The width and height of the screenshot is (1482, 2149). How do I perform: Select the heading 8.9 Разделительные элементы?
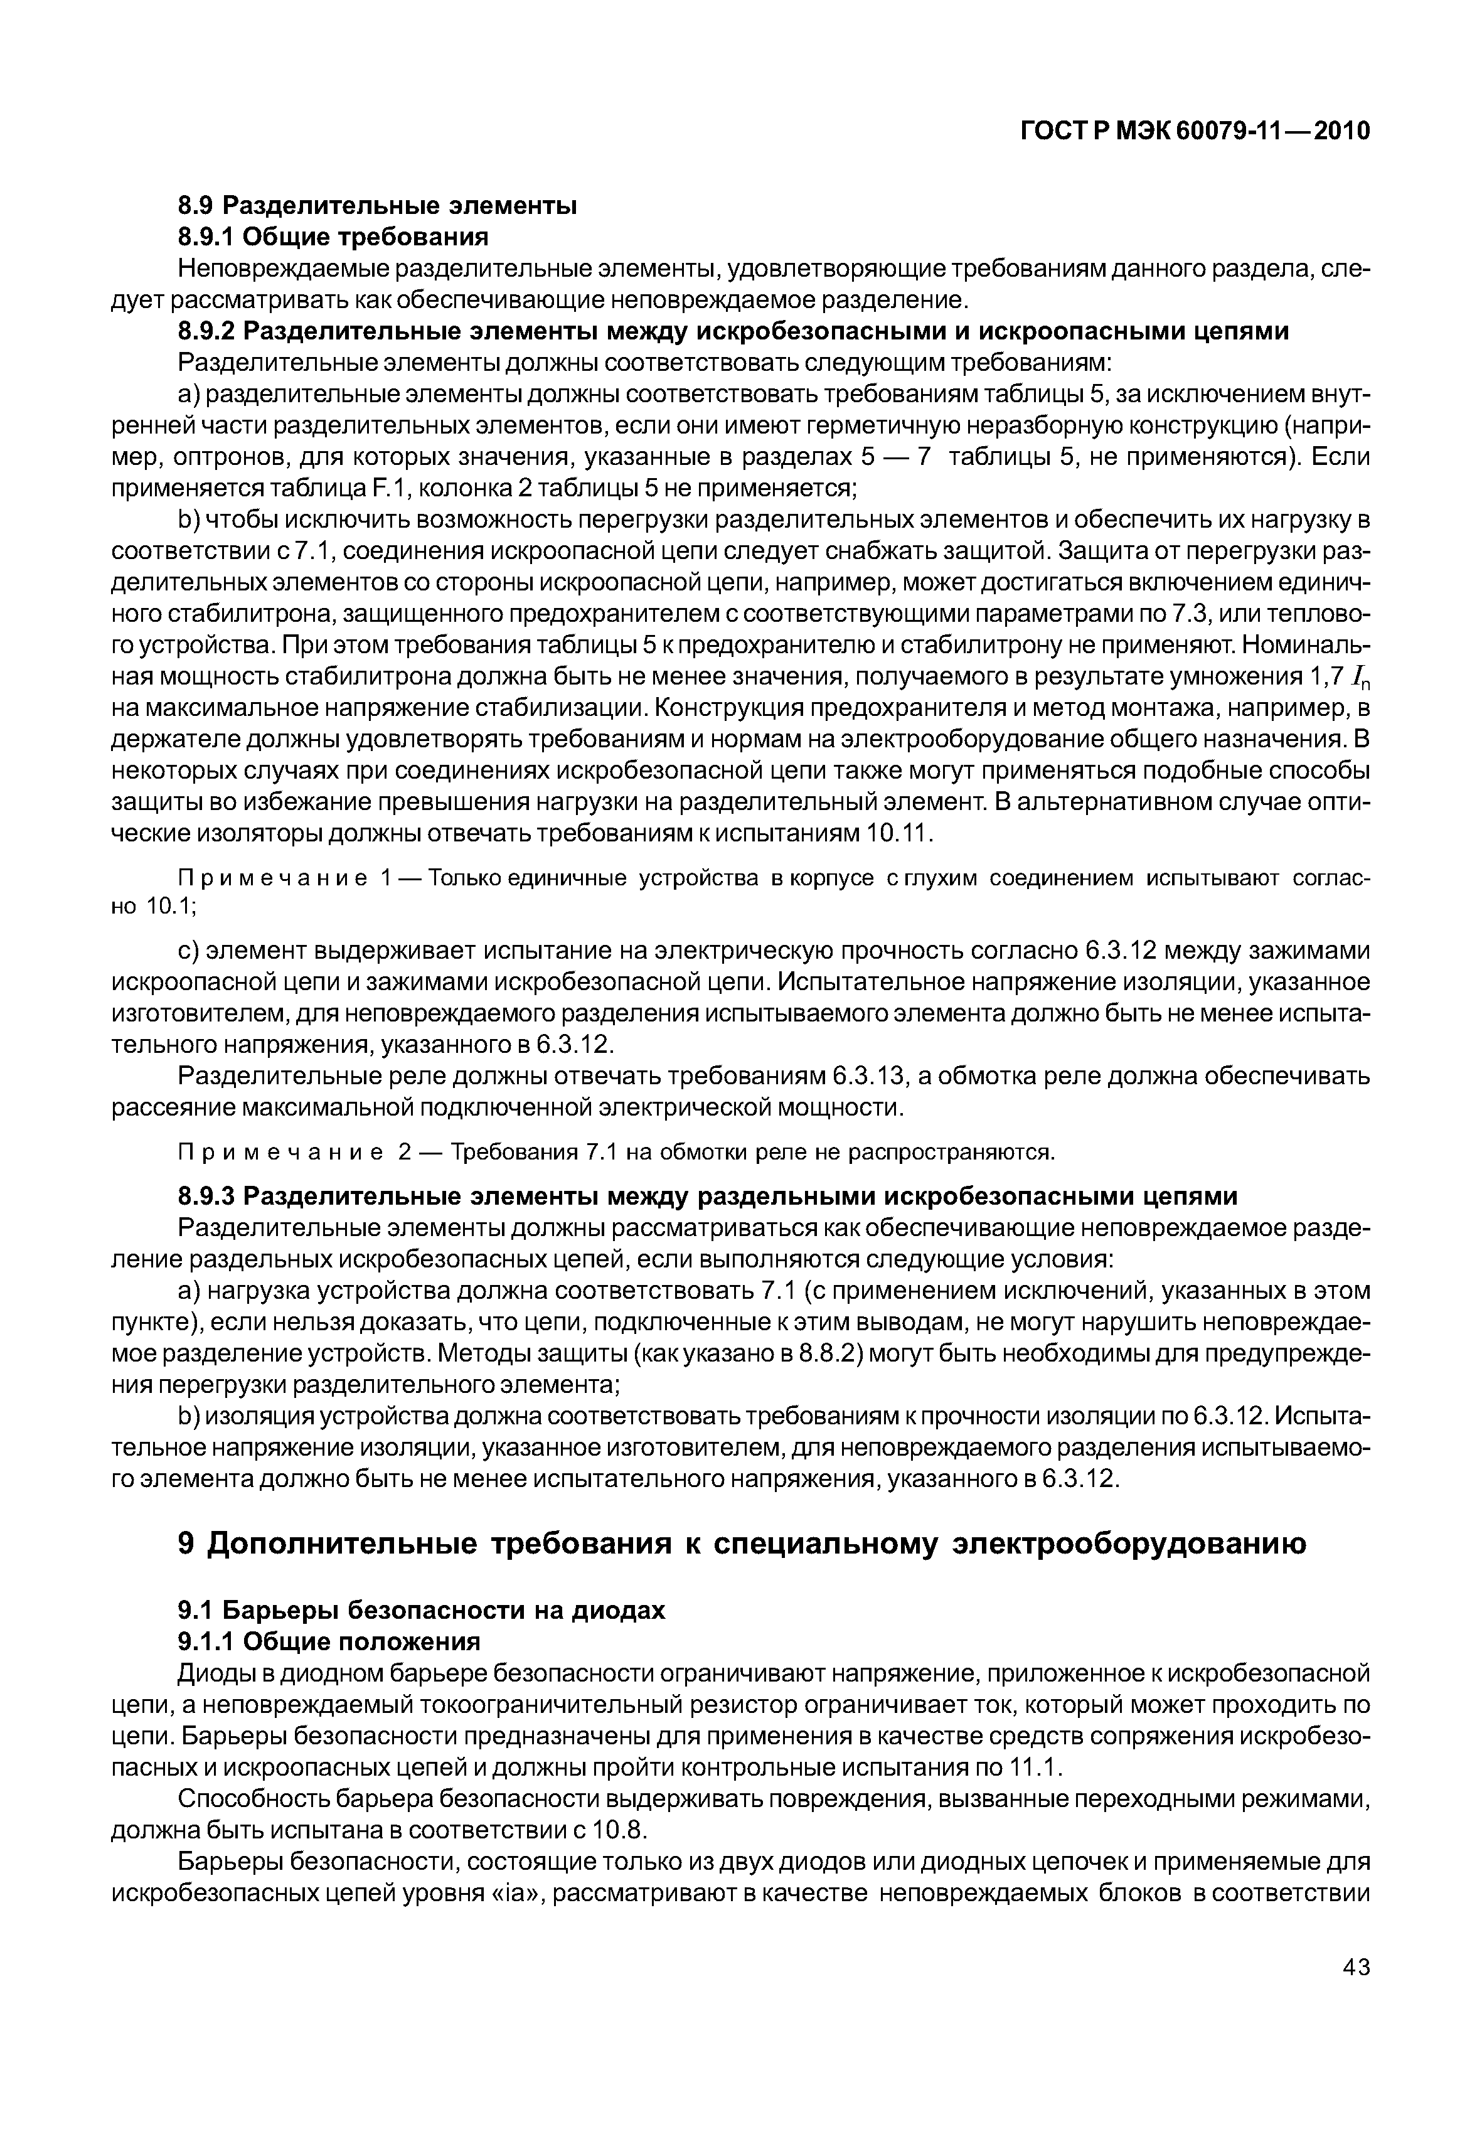click(x=377, y=205)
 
